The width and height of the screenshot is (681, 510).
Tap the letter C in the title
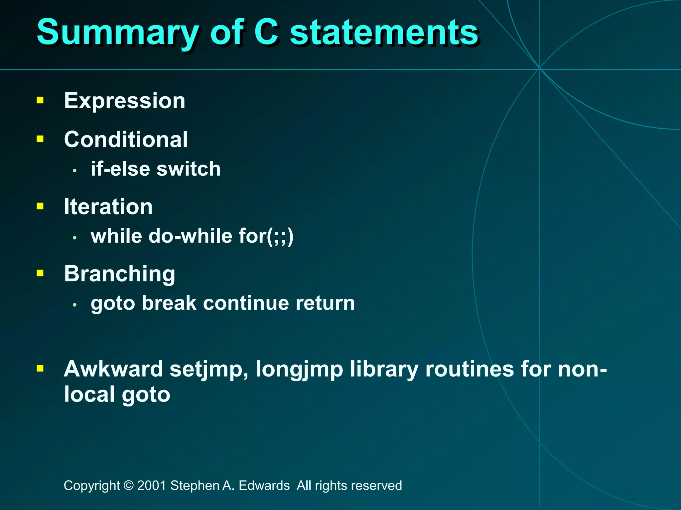[x=266, y=32]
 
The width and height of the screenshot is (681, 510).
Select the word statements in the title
[x=384, y=33]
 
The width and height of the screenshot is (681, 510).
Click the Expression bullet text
[x=124, y=101]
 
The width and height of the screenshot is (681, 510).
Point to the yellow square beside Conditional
[x=40, y=139]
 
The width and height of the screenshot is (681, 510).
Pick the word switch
[x=189, y=169]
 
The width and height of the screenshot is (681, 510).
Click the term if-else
[x=120, y=169]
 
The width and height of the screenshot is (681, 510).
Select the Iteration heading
[x=108, y=207]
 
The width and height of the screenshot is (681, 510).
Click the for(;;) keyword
[x=266, y=236]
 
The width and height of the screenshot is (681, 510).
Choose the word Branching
[x=119, y=274]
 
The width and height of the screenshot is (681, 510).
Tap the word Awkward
[x=113, y=369]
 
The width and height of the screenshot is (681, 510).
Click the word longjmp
[x=299, y=370]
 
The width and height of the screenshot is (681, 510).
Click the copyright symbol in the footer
[x=128, y=485]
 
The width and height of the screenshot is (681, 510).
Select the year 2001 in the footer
[x=152, y=485]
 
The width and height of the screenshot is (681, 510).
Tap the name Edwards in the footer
[x=264, y=485]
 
